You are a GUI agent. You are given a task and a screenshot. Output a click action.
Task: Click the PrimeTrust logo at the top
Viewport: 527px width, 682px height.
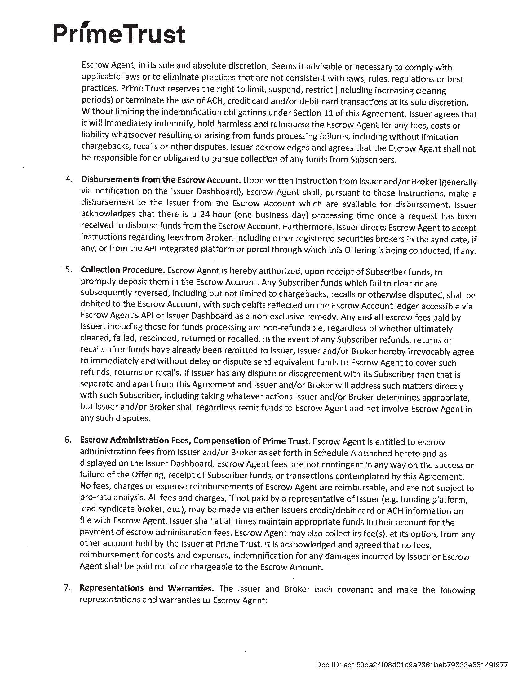119,34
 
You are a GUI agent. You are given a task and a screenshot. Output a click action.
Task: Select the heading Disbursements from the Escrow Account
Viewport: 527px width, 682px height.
161,180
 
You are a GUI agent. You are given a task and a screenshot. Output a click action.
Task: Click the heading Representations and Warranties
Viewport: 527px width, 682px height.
147,588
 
